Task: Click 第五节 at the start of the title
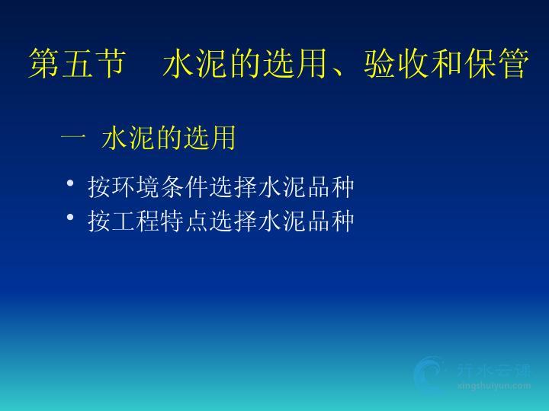(x=77, y=64)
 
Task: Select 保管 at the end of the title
(x=496, y=64)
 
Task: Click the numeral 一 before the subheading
(x=73, y=138)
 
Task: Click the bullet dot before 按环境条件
(x=70, y=183)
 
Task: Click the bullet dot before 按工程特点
(x=70, y=218)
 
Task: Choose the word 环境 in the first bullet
(x=136, y=187)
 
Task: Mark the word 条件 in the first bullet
(x=185, y=187)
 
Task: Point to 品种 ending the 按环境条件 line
(x=331, y=187)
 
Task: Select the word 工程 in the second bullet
(x=136, y=221)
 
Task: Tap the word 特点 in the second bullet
(x=185, y=221)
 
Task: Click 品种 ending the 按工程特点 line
(x=331, y=221)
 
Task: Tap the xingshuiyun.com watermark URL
(x=493, y=386)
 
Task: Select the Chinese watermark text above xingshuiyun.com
(x=493, y=371)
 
